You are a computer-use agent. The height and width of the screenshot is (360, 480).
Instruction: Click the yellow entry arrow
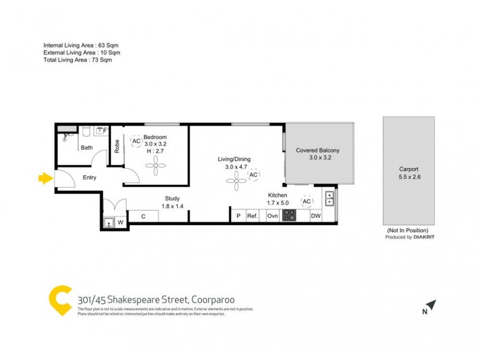(x=45, y=178)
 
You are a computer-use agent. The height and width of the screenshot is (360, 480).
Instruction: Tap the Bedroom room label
(x=155, y=137)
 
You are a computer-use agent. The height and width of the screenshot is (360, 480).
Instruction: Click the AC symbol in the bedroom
(x=136, y=141)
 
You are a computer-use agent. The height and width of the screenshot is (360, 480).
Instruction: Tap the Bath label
(x=87, y=148)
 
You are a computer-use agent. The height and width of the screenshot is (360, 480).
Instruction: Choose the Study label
(x=172, y=199)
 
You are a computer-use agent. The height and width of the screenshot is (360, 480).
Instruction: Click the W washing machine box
(x=120, y=223)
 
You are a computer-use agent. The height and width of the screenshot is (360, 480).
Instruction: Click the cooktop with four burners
(x=289, y=215)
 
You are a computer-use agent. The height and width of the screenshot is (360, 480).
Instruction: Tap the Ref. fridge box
(x=253, y=215)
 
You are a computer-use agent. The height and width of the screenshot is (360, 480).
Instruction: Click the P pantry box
(x=238, y=215)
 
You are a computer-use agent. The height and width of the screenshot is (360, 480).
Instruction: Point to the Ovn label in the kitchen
(x=272, y=215)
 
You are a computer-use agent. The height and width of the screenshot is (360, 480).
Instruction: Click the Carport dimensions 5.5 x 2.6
(x=409, y=177)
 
